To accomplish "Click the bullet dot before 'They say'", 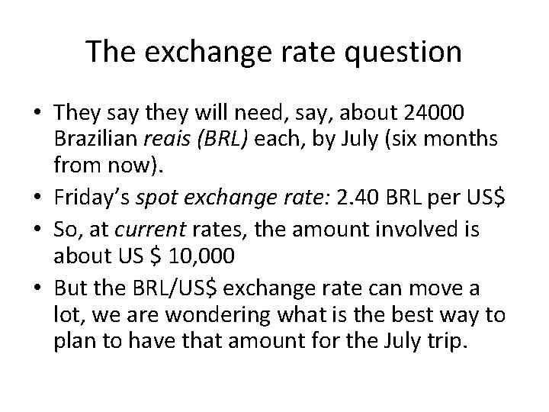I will (x=36, y=114).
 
